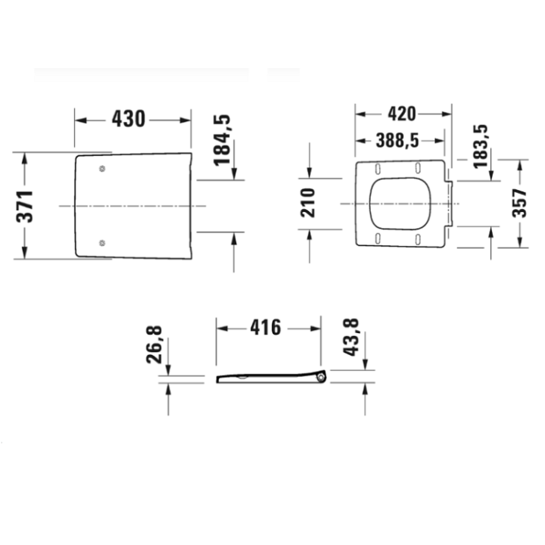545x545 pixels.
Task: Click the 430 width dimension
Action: (128, 119)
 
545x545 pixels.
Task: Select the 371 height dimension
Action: (26, 206)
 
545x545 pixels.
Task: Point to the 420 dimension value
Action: (401, 114)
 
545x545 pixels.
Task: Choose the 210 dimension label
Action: (308, 203)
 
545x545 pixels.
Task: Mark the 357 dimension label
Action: (519, 203)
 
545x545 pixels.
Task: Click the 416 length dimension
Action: (265, 328)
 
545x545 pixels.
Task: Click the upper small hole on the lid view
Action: (102, 169)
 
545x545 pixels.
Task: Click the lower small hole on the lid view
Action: (102, 243)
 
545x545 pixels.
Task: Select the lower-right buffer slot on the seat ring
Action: (417, 239)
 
